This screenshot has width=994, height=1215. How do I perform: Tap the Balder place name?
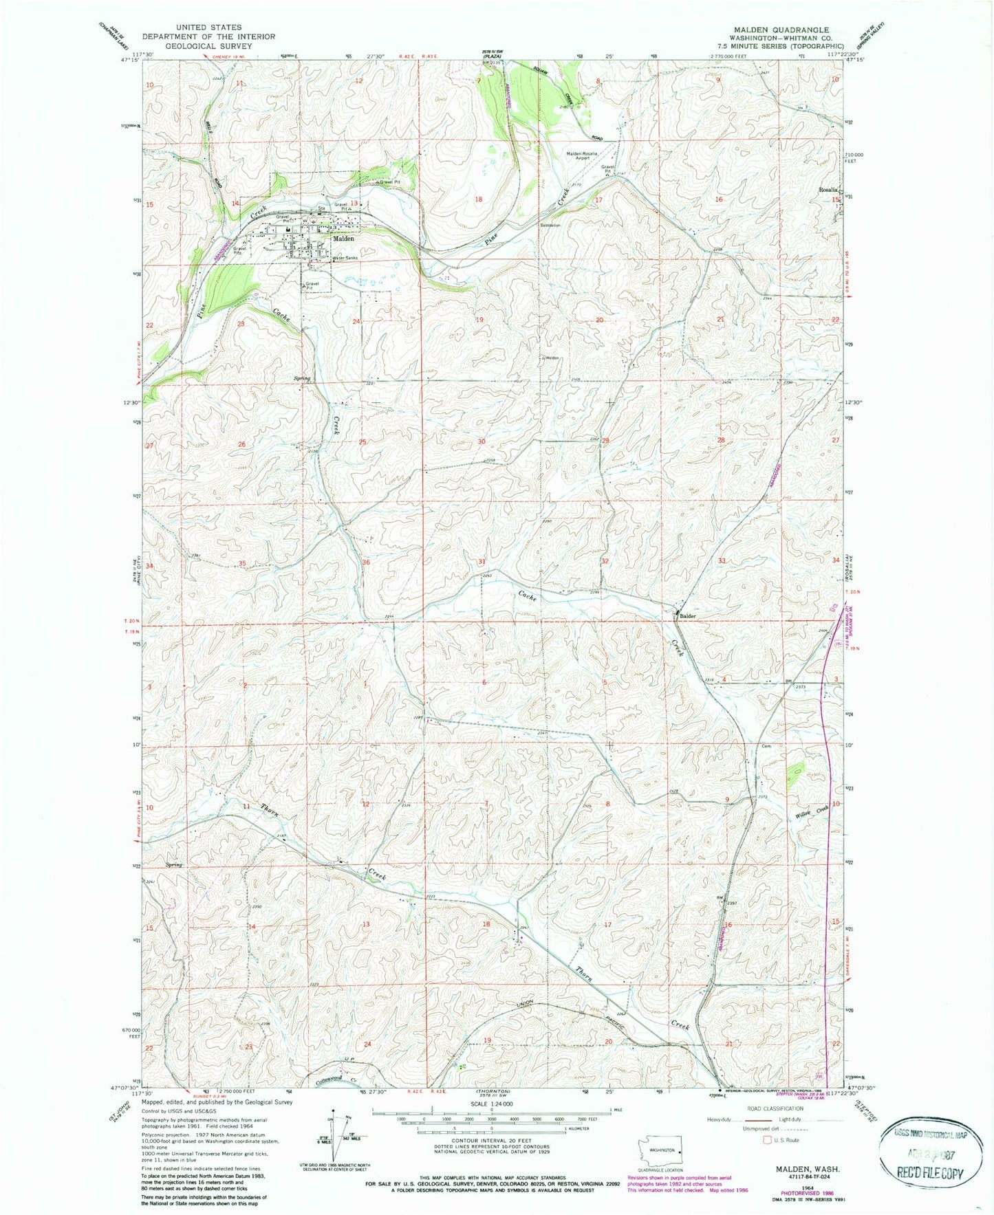point(688,616)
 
